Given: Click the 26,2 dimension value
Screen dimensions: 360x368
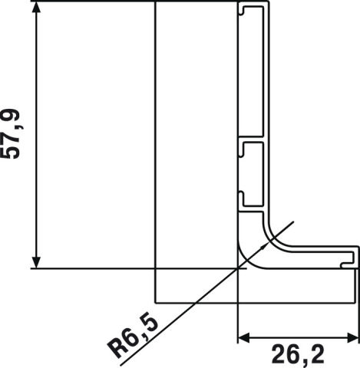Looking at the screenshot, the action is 298,353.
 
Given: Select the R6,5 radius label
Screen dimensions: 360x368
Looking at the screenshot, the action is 133,337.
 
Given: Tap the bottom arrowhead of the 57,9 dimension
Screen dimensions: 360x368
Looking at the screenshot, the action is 37,261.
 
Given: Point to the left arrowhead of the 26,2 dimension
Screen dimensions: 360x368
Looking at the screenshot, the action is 244,338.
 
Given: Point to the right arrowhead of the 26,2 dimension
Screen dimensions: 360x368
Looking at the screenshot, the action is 352,338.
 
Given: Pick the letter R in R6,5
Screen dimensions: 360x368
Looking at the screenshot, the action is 117,349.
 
